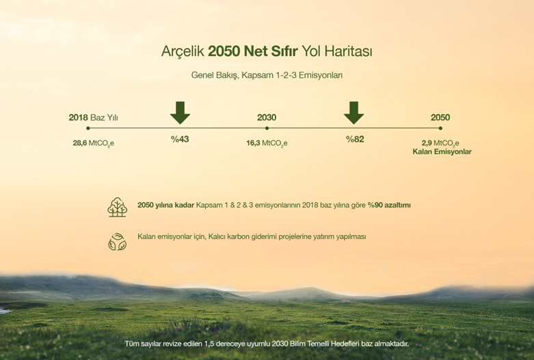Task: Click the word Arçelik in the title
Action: [183, 52]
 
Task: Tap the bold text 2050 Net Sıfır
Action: [253, 51]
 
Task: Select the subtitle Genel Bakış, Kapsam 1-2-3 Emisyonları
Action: [267, 75]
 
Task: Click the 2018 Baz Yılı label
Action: [93, 117]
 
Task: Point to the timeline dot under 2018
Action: [88, 128]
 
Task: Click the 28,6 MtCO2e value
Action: [93, 143]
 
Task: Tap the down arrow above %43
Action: [180, 113]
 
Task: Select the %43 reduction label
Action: [180, 139]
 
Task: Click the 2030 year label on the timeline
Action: [267, 117]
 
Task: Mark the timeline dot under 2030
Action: [267, 128]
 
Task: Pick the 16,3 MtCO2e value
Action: [267, 143]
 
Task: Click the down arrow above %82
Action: [354, 113]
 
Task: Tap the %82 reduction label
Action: [355, 139]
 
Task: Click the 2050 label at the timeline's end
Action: [440, 117]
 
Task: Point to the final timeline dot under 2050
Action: [441, 128]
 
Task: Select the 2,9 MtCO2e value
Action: [440, 143]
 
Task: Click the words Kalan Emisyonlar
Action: [442, 152]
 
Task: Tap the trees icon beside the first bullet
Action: [117, 207]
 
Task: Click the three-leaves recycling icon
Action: [117, 242]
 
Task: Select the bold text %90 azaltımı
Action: [389, 205]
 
